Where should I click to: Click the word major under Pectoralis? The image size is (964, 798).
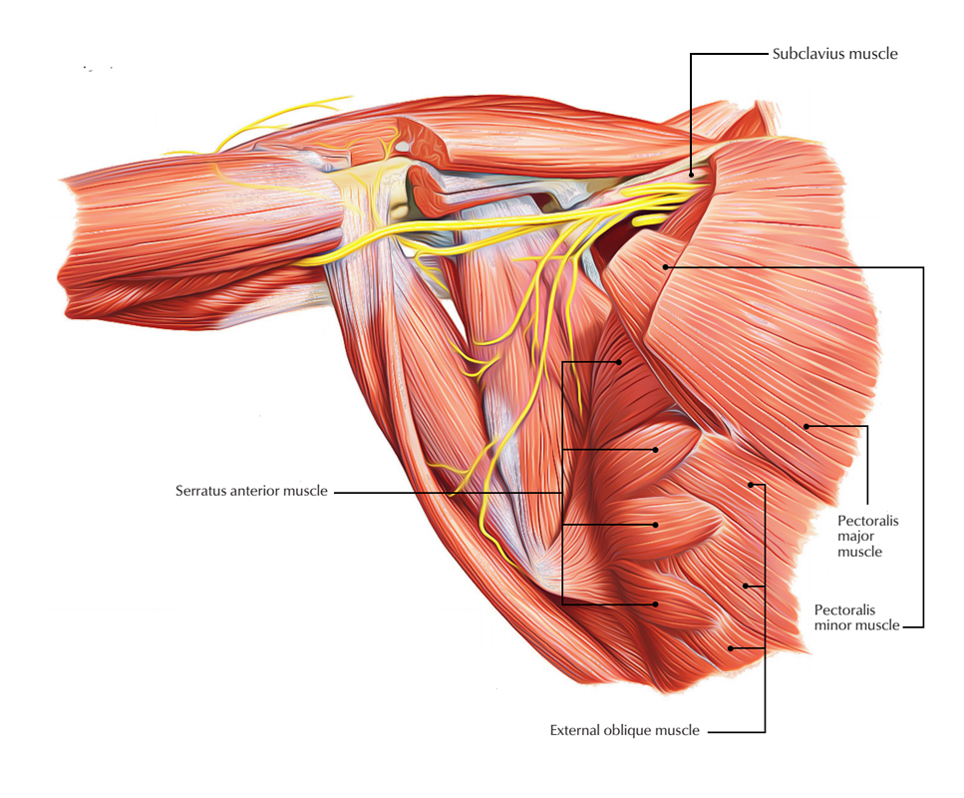pyautogui.click(x=855, y=537)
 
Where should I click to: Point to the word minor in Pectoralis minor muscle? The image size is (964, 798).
pyautogui.click(x=831, y=625)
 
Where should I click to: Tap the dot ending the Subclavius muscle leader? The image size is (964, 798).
pyautogui.click(x=691, y=175)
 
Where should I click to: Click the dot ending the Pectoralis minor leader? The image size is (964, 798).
pyautogui.click(x=665, y=267)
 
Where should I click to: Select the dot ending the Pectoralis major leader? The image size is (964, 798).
pyautogui.click(x=806, y=426)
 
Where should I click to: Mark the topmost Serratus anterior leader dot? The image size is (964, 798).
pyautogui.click(x=619, y=362)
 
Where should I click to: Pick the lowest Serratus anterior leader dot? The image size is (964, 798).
pyautogui.click(x=655, y=604)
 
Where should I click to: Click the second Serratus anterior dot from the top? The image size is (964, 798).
pyautogui.click(x=655, y=450)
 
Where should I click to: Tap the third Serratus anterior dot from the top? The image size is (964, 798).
pyautogui.click(x=655, y=525)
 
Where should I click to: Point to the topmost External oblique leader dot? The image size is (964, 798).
pyautogui.click(x=751, y=485)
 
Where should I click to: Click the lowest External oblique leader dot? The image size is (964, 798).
pyautogui.click(x=731, y=647)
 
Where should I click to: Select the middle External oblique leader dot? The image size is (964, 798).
pyautogui.click(x=746, y=586)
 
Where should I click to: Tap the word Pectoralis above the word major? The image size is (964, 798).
pyautogui.click(x=868, y=521)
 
